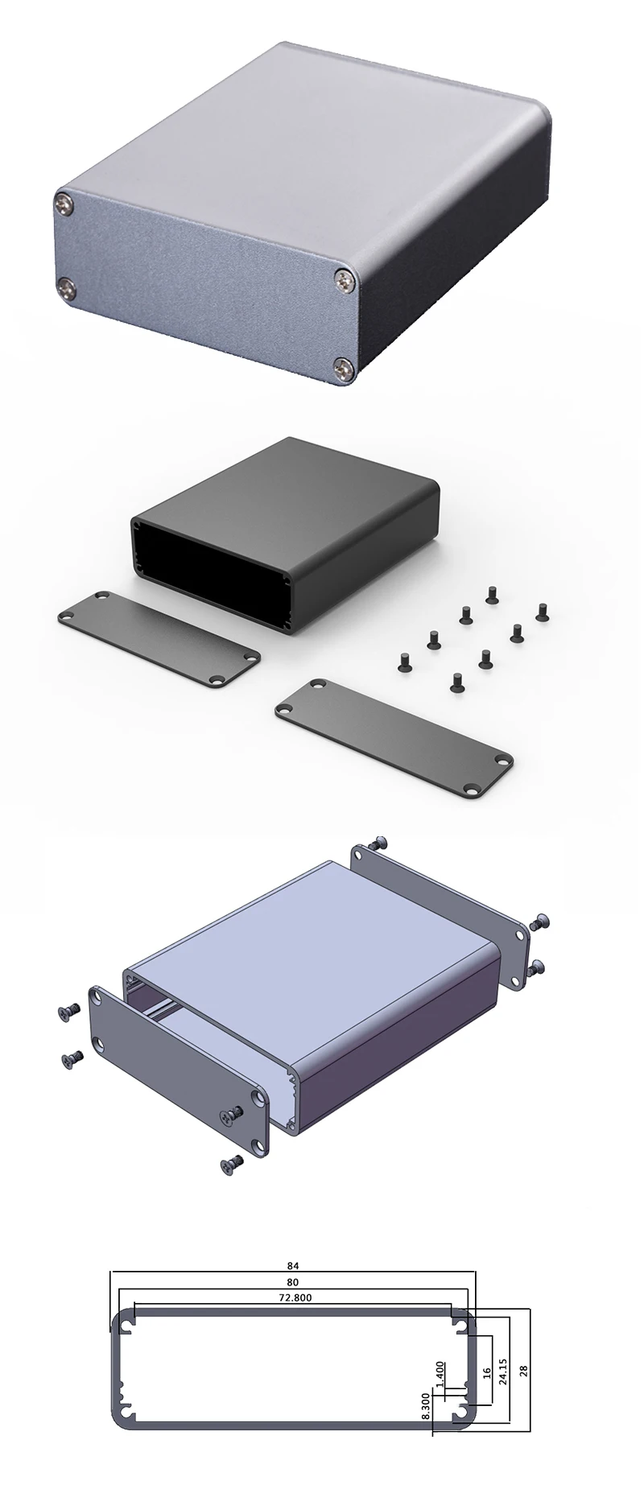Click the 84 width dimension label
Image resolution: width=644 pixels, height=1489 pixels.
click(292, 1264)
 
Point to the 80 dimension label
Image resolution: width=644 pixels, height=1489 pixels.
click(292, 1281)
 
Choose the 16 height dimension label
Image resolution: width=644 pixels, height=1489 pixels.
click(486, 1371)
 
